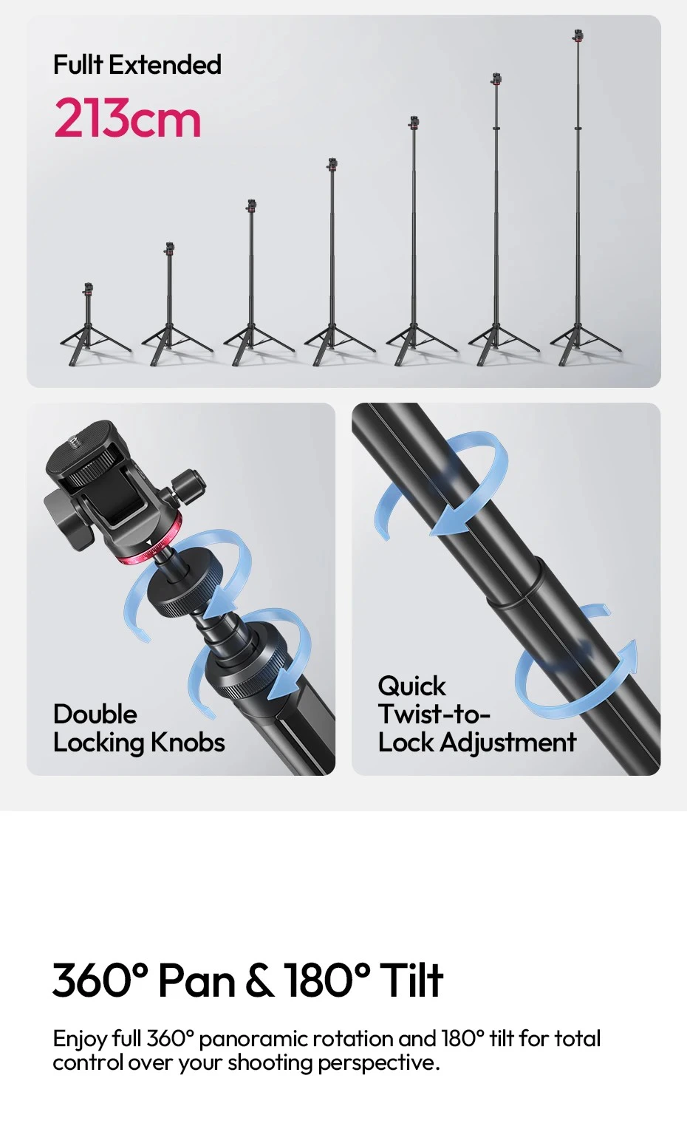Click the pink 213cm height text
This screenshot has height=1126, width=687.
coord(128,118)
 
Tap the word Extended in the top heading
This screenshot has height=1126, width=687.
coord(165,64)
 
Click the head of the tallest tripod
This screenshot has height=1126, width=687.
coord(578,35)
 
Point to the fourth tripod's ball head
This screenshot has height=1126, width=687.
coord(332,164)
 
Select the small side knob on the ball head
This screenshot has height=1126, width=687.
coord(189,483)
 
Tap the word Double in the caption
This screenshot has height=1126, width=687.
coord(95,714)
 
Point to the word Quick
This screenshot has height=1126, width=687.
coord(411,686)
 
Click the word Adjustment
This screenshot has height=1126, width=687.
coord(508,743)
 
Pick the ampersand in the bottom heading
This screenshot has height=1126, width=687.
coord(260,980)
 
